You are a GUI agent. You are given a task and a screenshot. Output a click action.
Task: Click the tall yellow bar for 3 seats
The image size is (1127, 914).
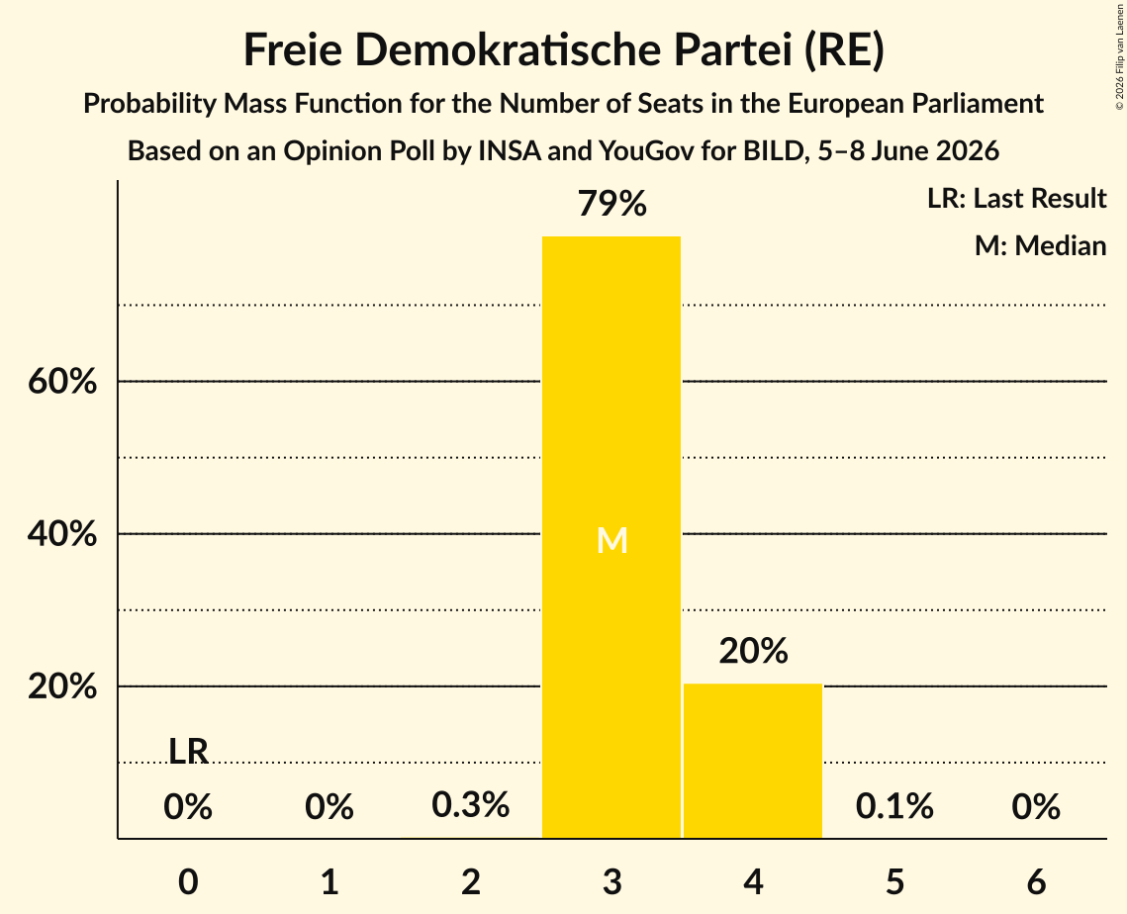coord(610,537)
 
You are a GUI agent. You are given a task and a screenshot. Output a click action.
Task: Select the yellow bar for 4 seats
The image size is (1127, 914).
coord(753,761)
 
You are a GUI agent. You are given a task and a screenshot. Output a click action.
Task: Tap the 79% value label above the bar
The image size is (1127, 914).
coord(612,204)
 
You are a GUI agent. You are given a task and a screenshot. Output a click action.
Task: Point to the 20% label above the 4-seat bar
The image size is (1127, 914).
coord(753,651)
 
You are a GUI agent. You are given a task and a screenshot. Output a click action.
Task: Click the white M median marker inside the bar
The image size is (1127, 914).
coord(612,540)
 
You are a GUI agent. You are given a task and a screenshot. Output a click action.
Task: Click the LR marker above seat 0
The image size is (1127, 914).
coord(188,752)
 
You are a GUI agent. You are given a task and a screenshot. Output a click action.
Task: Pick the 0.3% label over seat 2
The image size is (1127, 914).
coord(471,805)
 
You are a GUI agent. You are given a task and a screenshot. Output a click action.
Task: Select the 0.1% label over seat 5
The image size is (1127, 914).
coord(894,806)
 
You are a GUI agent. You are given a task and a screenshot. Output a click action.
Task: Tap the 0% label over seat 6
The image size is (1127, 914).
coord(1036,807)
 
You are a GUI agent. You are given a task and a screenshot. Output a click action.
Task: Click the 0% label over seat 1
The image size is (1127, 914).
coord(329,807)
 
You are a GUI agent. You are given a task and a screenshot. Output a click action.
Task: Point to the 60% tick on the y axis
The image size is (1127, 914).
coord(62,382)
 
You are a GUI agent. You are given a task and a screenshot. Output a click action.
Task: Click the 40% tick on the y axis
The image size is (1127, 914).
coord(62,534)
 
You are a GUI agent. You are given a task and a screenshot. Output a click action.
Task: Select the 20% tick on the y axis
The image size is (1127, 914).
coord(62,686)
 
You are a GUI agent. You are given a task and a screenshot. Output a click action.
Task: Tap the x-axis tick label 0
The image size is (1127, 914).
coord(188,881)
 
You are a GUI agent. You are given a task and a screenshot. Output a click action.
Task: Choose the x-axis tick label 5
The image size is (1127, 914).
coord(894,881)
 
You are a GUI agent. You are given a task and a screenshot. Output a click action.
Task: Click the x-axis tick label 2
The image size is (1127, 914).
coord(471,881)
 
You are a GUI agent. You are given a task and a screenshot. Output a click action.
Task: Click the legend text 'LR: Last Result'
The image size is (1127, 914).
coord(1016,198)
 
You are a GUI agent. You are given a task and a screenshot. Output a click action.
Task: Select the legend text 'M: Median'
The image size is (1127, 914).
coord(1041,245)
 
